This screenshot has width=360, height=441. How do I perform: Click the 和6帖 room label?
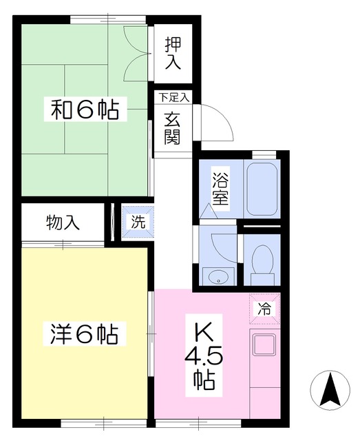[x=84, y=110]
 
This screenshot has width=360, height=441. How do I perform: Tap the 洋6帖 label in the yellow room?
[x=84, y=336]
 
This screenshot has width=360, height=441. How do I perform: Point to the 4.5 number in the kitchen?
[x=202, y=356]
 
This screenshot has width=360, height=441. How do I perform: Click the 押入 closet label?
[x=172, y=53]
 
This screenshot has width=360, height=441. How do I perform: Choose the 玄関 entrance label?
[x=172, y=128]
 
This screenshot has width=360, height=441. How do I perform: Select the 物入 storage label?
[x=63, y=223]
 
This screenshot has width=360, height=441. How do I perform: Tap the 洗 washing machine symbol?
[x=138, y=222]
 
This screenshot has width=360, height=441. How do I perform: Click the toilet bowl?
[x=262, y=261]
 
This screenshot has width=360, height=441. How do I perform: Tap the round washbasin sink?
[x=218, y=278]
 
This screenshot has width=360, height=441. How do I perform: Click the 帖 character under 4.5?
[x=202, y=379]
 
